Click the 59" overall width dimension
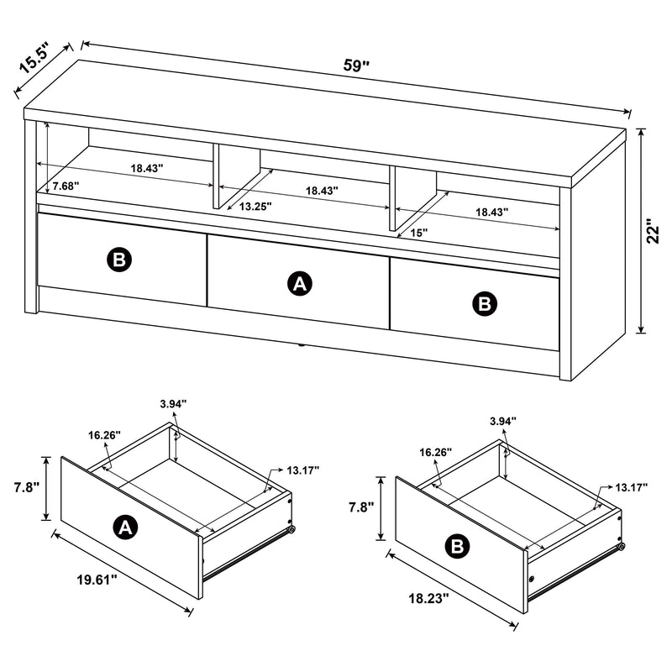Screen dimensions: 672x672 pyautogui.click(x=356, y=64)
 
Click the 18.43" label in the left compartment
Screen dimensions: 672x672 pyautogui.click(x=147, y=168)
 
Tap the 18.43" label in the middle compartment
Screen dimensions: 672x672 pyautogui.click(x=322, y=191)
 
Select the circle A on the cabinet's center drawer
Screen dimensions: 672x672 pyautogui.click(x=298, y=285)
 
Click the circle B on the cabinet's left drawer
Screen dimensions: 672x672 pyautogui.click(x=118, y=260)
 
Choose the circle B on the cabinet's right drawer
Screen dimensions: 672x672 pyautogui.click(x=485, y=304)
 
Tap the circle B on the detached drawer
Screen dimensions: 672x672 pyautogui.click(x=457, y=548)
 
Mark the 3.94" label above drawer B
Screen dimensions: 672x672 pyautogui.click(x=502, y=421)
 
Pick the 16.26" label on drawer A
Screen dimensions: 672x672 pyautogui.click(x=103, y=435)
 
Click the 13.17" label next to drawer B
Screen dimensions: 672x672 pyautogui.click(x=631, y=487)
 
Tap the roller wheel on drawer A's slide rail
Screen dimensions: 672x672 pyautogui.click(x=291, y=530)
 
